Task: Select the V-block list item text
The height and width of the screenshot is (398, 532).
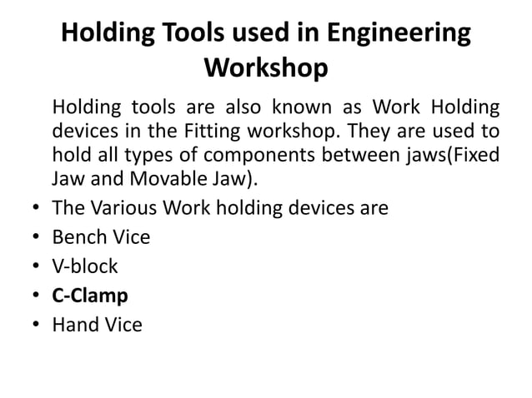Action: (x=85, y=266)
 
